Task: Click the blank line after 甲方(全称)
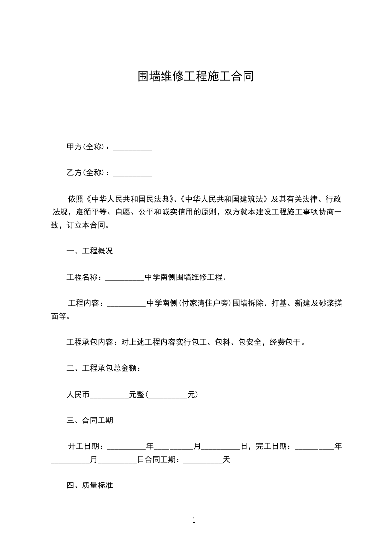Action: pyautogui.click(x=133, y=148)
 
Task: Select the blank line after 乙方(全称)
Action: pyautogui.click(x=133, y=173)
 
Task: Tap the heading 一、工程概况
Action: pyautogui.click(x=90, y=252)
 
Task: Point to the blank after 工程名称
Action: pyautogui.click(x=125, y=278)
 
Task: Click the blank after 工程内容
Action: pyautogui.click(x=126, y=304)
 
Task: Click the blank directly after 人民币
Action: pyautogui.click(x=109, y=394)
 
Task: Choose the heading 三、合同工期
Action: pyautogui.click(x=90, y=420)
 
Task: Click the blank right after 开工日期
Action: pyautogui.click(x=126, y=446)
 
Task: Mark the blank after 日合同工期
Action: pyautogui.click(x=203, y=460)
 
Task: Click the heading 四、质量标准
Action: pyautogui.click(x=90, y=485)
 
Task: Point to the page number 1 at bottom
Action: pyautogui.click(x=194, y=520)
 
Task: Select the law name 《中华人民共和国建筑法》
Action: pyautogui.click(x=224, y=199)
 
